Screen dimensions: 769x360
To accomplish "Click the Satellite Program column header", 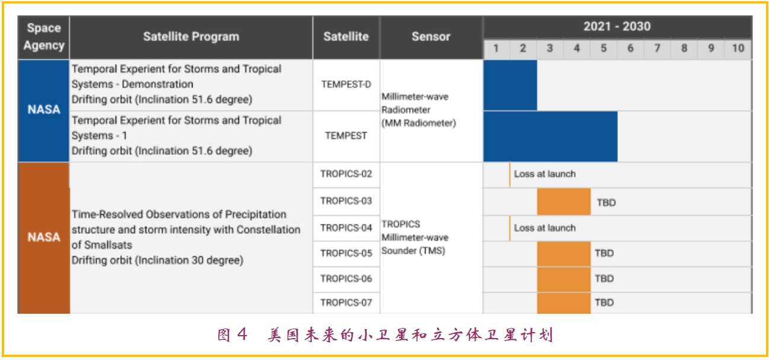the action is pyautogui.click(x=191, y=36).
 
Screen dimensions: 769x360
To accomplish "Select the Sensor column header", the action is pyautogui.click(x=431, y=36).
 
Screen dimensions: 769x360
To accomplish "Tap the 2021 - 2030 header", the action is pyautogui.click(x=617, y=27).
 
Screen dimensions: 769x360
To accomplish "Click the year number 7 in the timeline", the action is pyautogui.click(x=657, y=48).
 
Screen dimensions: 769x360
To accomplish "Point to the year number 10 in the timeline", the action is pyautogui.click(x=738, y=48).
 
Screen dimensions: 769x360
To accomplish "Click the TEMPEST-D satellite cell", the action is pyautogui.click(x=346, y=84).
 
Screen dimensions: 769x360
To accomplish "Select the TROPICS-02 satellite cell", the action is pyautogui.click(x=346, y=174).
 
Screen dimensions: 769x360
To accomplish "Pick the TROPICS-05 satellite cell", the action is pyautogui.click(x=346, y=253).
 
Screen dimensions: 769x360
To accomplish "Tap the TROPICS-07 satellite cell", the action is pyautogui.click(x=346, y=302).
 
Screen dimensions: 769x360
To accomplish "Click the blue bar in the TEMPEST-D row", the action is pyautogui.click(x=510, y=85).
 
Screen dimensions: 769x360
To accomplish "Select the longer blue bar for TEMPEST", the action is pyautogui.click(x=550, y=136).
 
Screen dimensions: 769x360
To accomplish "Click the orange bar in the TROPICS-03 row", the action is pyautogui.click(x=564, y=202).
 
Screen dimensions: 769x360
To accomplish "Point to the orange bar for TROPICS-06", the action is pyautogui.click(x=564, y=279).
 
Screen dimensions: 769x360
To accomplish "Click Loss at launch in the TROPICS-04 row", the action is pyautogui.click(x=544, y=228).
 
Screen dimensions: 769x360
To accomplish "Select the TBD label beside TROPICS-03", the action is pyautogui.click(x=607, y=203).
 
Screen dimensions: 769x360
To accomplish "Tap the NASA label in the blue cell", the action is pyautogui.click(x=44, y=109).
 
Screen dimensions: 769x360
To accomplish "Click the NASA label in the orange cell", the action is pyautogui.click(x=44, y=237).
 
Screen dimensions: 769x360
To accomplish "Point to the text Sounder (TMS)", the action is pyautogui.click(x=413, y=251).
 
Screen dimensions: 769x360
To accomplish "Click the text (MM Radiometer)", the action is pyautogui.click(x=419, y=123).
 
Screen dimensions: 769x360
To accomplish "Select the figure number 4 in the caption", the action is pyautogui.click(x=242, y=333).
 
